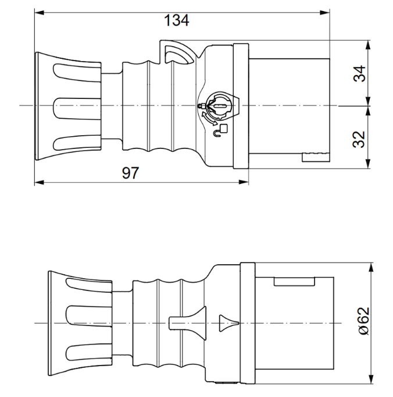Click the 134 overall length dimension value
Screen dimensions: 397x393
tap(176, 21)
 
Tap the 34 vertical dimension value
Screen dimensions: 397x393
tap(360, 73)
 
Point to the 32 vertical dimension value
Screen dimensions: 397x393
tap(360, 139)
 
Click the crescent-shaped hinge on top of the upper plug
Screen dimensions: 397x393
tap(178, 54)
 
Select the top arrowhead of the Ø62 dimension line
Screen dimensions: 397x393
tap(370, 266)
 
